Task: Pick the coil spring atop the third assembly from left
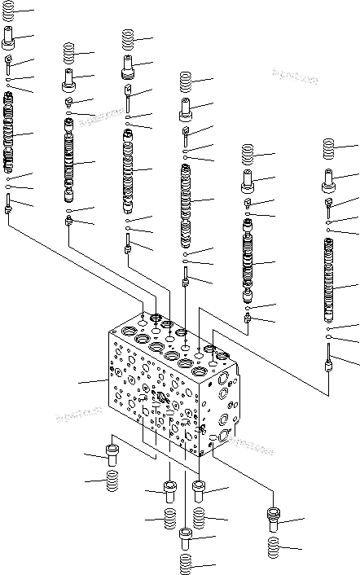129,38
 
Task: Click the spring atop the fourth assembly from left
185,81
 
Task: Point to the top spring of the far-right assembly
329,149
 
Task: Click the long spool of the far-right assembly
330,277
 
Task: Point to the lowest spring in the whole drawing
186,563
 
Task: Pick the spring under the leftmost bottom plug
114,484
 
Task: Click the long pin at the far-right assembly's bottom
329,359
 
